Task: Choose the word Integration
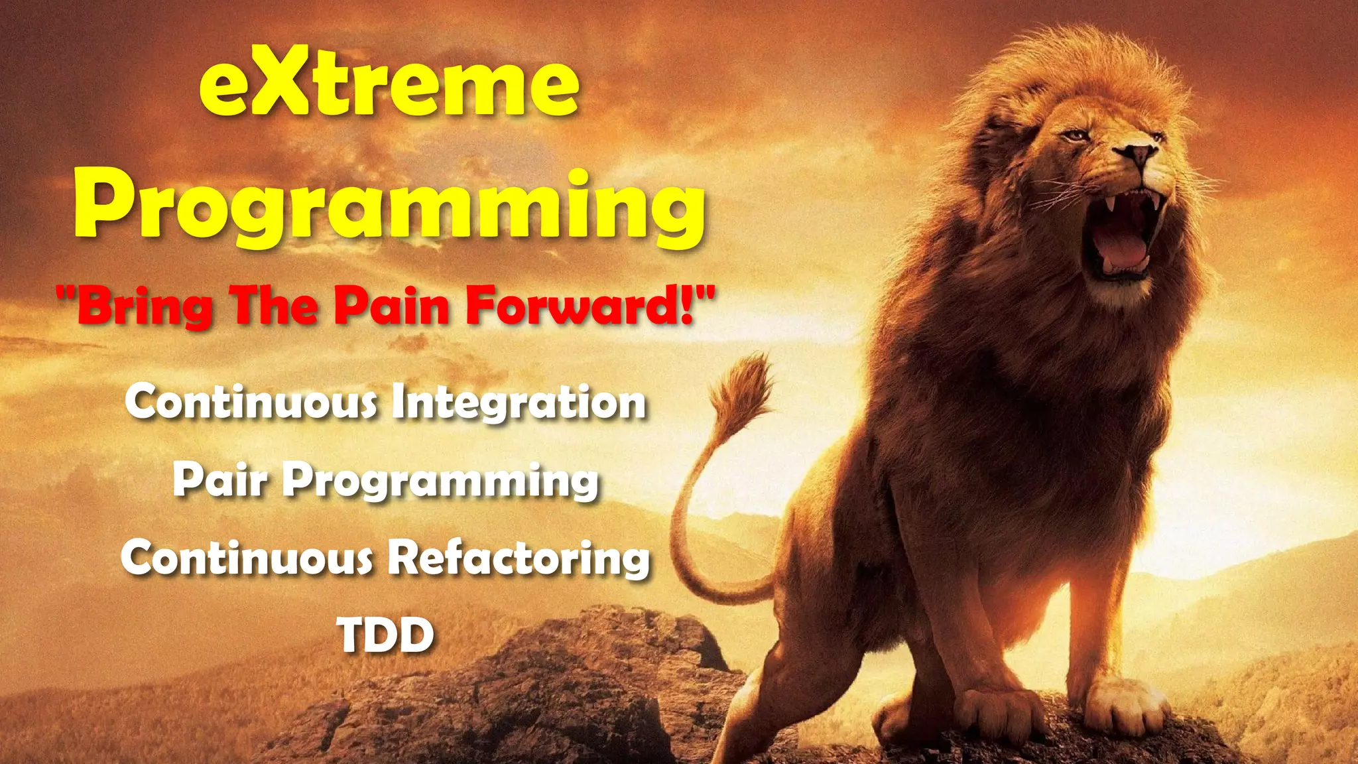tap(519, 403)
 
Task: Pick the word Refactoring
tap(519, 558)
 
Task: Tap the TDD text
tap(386, 635)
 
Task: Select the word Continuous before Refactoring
tap(247, 558)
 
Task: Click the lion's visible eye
tap(1075, 136)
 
